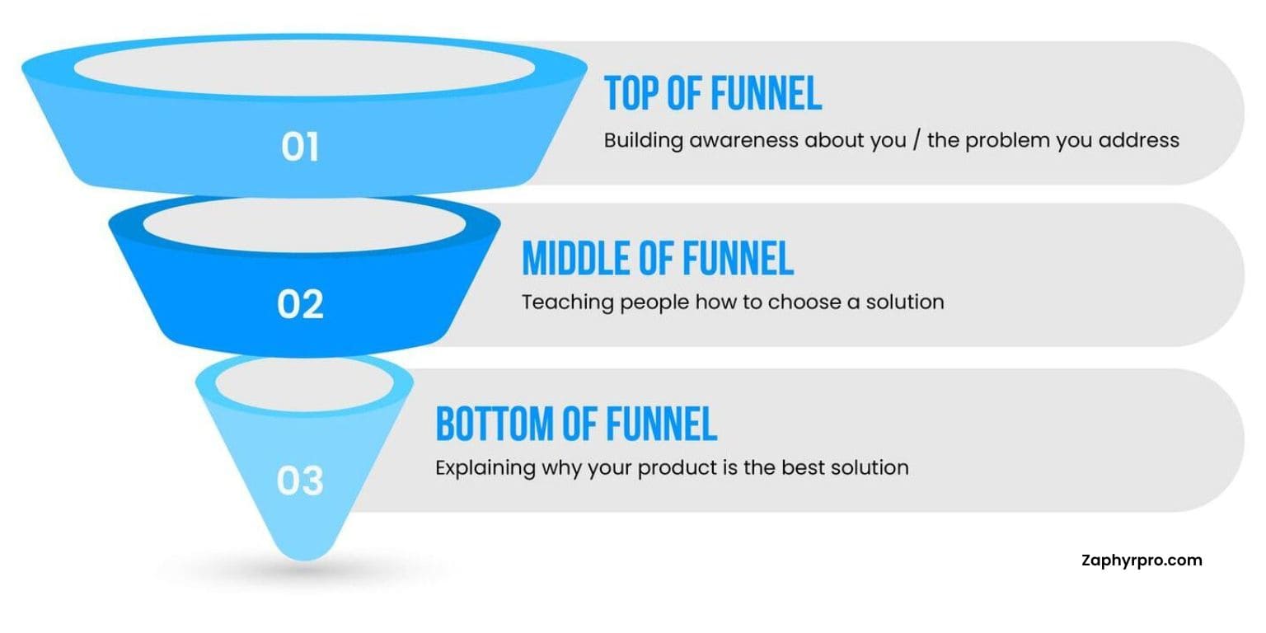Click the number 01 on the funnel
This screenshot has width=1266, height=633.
pyautogui.click(x=300, y=147)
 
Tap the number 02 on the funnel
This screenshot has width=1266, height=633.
pyautogui.click(x=300, y=305)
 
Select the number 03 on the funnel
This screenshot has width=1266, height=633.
pyautogui.click(x=300, y=481)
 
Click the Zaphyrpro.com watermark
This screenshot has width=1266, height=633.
pyautogui.click(x=1142, y=560)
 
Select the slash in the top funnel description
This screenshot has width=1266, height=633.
pyautogui.click(x=917, y=140)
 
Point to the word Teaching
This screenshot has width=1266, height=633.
pyautogui.click(x=567, y=303)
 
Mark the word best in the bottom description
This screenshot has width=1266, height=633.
pyautogui.click(x=803, y=467)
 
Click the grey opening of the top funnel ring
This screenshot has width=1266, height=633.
pyautogui.click(x=304, y=68)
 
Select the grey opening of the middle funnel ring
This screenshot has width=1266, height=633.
pyautogui.click(x=304, y=224)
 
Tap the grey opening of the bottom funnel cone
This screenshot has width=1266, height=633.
pyautogui.click(x=304, y=384)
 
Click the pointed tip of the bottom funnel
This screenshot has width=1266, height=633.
pyautogui.click(x=305, y=559)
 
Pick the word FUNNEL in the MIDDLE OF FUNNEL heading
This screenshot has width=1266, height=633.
pyautogui.click(x=738, y=258)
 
